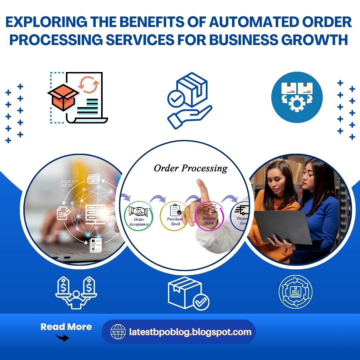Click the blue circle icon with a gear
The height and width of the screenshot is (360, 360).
[x=297, y=97]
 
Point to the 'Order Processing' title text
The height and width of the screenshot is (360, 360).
[x=190, y=168]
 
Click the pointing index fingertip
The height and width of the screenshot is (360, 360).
[x=200, y=183]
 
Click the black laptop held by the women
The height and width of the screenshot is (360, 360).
[x=283, y=227]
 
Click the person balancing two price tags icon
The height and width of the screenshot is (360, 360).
[x=76, y=292]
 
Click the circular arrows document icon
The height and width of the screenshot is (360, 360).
[x=295, y=292]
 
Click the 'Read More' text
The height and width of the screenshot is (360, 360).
[x=66, y=327]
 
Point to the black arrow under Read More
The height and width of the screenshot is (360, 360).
[x=62, y=338]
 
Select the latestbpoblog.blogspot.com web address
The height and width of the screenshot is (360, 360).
[x=190, y=332]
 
